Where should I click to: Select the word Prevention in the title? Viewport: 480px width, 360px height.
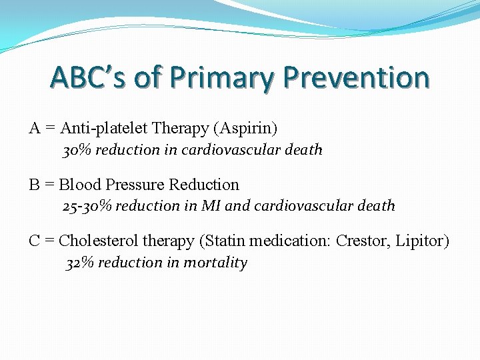coord(356,77)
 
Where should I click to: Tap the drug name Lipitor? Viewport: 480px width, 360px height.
coord(421,241)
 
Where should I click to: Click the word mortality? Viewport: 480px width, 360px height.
coord(215,263)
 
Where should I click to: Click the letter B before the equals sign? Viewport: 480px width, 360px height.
coord(34,185)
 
